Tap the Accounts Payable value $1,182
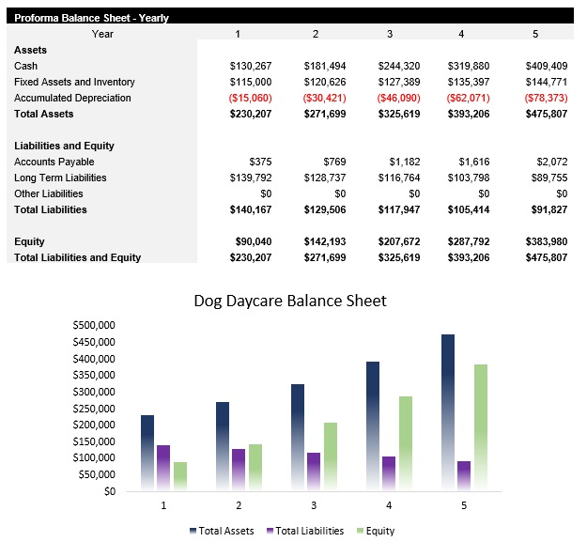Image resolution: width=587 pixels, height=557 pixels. click(398, 162)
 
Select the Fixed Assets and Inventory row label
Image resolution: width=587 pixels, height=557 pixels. click(74, 82)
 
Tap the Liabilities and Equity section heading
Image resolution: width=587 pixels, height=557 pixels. click(64, 146)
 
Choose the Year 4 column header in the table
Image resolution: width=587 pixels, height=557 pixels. click(460, 34)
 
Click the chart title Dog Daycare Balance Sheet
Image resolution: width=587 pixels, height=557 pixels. click(289, 302)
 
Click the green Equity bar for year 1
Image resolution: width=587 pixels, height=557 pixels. click(180, 475)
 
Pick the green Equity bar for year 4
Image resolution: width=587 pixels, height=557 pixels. click(405, 442)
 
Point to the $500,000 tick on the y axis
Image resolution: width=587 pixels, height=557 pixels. click(93, 325)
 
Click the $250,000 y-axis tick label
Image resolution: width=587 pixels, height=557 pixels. click(93, 408)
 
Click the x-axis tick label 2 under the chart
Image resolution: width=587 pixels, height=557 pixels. click(239, 504)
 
